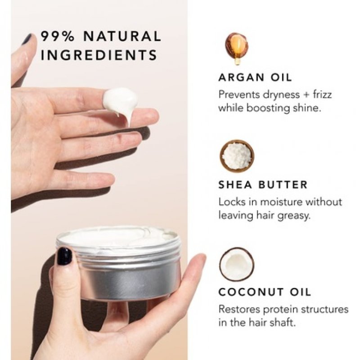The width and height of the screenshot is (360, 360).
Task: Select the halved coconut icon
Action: click(237, 264)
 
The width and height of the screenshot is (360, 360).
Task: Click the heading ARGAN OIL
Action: click(255, 77)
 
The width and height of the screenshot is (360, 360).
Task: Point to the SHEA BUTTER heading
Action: click(263, 185)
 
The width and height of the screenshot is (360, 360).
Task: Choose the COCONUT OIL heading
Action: click(265, 292)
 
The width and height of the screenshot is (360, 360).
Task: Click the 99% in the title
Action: click(58, 36)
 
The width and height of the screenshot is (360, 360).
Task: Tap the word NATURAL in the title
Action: click(122, 36)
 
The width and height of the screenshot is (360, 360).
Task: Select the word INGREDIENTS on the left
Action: click(99, 55)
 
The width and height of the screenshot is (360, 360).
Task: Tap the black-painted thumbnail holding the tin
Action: click(64, 256)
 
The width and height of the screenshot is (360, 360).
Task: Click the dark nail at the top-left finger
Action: click(27, 39)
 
